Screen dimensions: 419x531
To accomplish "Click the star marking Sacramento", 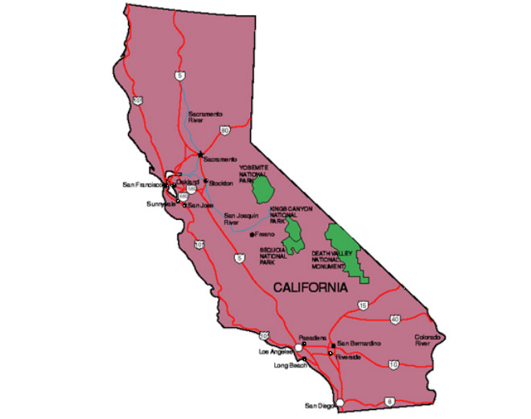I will click(200, 154).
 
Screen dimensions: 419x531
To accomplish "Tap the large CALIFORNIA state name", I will click(310, 287).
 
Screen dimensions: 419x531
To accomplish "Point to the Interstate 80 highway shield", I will click(224, 130).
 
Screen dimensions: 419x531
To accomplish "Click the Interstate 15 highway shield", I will click(363, 305).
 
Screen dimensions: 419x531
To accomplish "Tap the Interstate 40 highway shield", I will click(394, 319).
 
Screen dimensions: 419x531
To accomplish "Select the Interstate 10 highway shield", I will click(393, 364).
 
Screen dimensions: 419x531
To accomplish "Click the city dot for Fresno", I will click(252, 234).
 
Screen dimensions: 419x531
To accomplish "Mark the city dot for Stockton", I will click(206, 180).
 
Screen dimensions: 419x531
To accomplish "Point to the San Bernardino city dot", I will click(333, 346).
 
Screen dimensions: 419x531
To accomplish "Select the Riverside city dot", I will click(330, 353).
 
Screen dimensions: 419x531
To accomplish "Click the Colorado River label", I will click(427, 340).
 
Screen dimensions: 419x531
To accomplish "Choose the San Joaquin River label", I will click(239, 219).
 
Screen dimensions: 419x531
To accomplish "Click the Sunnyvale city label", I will click(161, 204).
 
